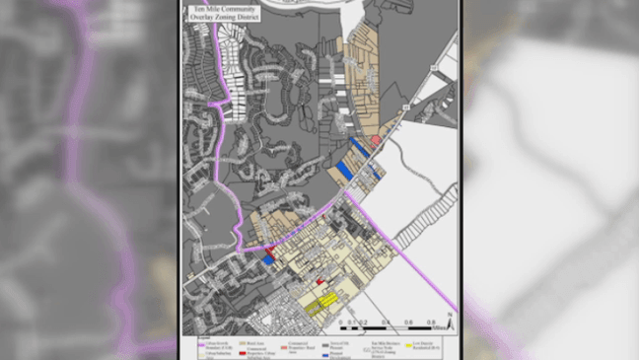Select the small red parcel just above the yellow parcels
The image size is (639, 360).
click(319, 282)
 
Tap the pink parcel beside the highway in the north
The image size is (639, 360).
click(376, 141)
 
